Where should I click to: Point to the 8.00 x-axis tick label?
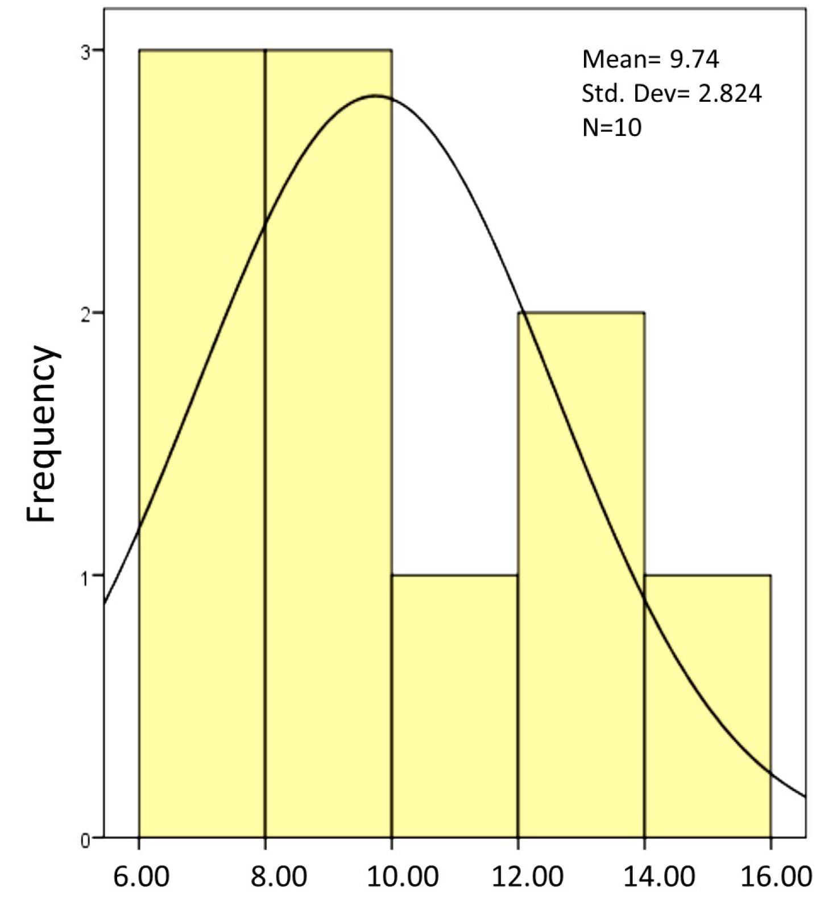pyautogui.click(x=279, y=876)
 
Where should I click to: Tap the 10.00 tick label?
pyautogui.click(x=403, y=876)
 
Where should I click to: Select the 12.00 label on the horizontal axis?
pyautogui.click(x=528, y=876)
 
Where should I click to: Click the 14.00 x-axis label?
pyautogui.click(x=659, y=876)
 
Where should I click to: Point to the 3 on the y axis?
pyautogui.click(x=85, y=51)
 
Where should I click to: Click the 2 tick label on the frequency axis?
pyautogui.click(x=85, y=314)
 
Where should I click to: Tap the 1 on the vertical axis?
pyautogui.click(x=85, y=577)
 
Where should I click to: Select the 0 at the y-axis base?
pyautogui.click(x=85, y=839)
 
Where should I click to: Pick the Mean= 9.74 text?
pyautogui.click(x=650, y=59)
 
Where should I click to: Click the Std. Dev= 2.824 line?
pyautogui.click(x=672, y=93)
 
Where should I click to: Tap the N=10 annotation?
pyautogui.click(x=612, y=127)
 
